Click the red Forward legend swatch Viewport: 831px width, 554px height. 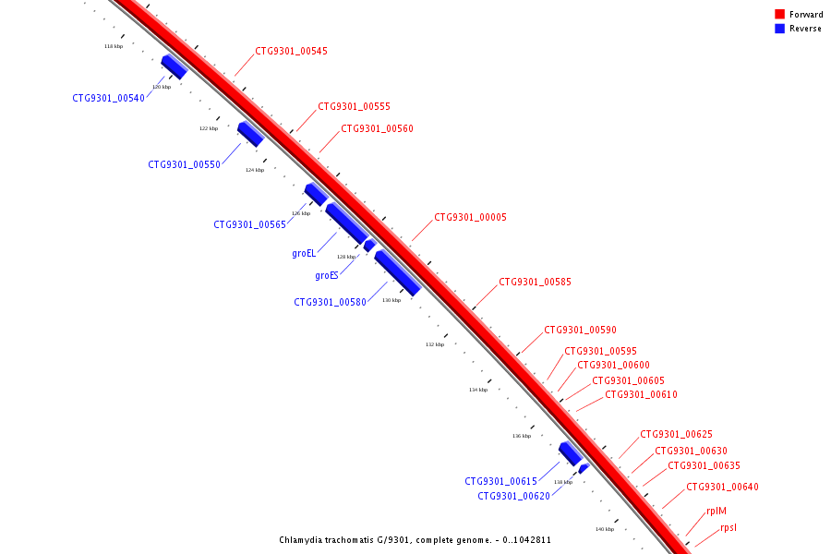779,15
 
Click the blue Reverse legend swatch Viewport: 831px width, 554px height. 779,29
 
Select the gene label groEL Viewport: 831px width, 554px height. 304,252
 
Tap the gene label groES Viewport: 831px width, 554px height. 327,275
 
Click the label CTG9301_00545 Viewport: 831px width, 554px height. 291,52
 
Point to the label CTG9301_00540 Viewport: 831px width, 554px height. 109,98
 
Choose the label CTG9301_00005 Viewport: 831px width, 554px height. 470,218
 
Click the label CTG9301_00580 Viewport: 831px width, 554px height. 331,302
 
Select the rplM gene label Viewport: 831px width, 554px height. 717,511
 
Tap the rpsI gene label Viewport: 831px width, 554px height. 729,528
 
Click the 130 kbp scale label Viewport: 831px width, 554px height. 391,300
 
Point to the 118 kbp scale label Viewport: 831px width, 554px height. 113,46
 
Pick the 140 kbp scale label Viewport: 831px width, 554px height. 604,529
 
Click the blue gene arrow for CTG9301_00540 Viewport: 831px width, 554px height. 175,66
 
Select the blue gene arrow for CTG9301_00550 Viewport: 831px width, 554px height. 251,134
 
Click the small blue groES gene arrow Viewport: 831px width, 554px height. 369,246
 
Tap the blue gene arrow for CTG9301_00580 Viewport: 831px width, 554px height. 397,273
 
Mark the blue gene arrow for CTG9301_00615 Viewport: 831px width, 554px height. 570,453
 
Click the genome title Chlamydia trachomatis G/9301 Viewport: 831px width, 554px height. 415,540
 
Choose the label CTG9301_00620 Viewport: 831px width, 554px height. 513,496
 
